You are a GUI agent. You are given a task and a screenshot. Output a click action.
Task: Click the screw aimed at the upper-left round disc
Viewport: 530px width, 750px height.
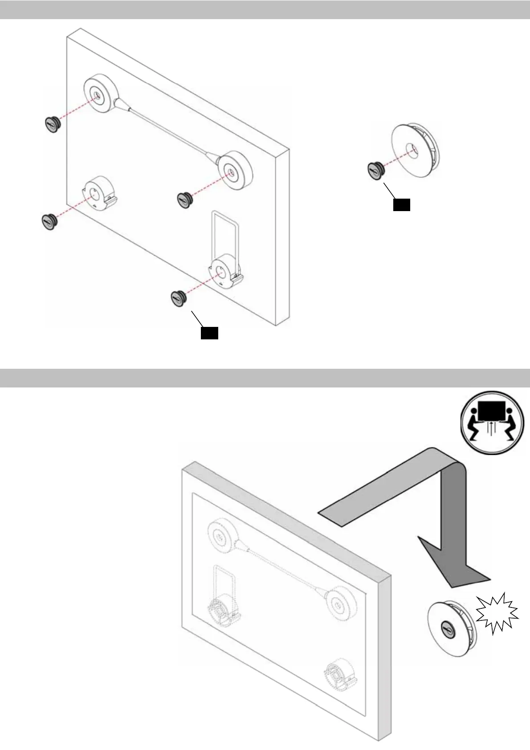click(53, 124)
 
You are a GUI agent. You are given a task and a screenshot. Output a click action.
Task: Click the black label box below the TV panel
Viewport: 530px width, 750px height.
click(209, 333)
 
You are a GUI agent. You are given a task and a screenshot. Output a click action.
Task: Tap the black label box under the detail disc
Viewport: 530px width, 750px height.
click(401, 204)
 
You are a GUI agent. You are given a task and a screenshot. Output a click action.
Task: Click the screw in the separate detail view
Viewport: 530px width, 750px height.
click(375, 169)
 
